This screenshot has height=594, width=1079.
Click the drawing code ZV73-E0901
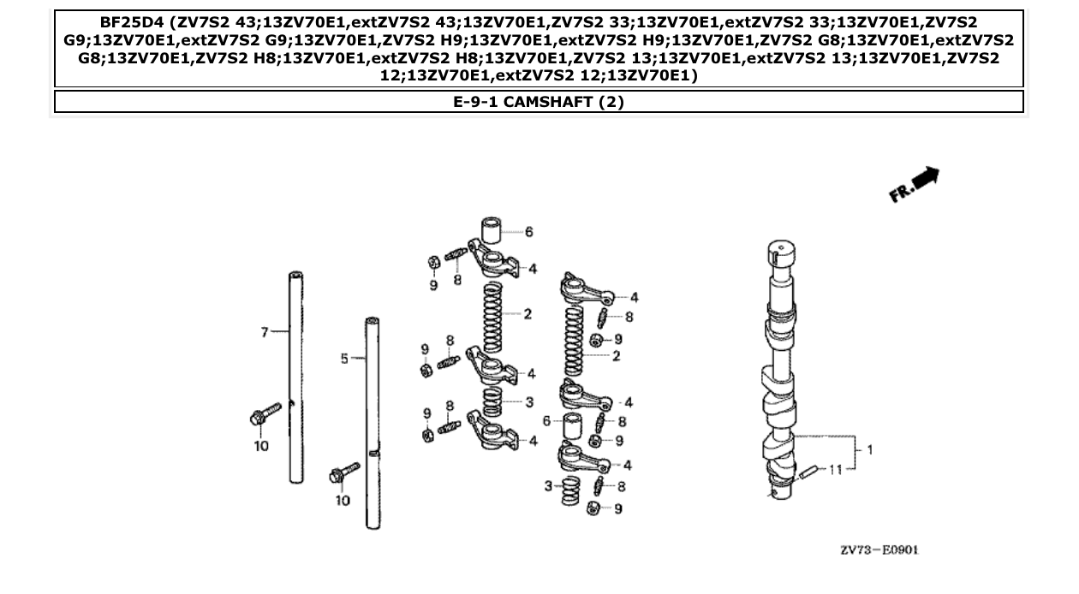coord(879,549)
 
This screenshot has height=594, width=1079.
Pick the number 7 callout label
coord(265,332)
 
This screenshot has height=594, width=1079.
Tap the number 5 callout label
coord(345,359)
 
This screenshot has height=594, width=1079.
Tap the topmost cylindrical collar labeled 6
coord(490,231)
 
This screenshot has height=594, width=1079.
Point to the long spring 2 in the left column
coord(492,314)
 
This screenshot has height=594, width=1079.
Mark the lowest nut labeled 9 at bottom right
coord(592,509)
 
